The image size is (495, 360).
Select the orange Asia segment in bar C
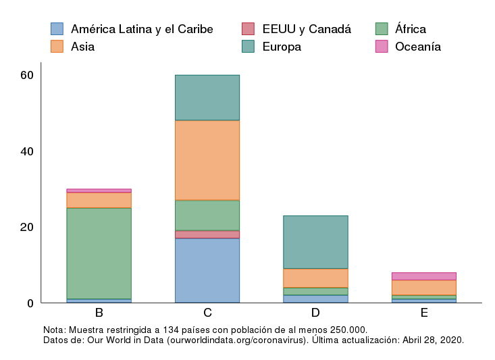(x=207, y=160)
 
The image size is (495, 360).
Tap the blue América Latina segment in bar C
(x=207, y=270)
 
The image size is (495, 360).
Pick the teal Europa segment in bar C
(x=207, y=97)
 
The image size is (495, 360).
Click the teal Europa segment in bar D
(x=315, y=242)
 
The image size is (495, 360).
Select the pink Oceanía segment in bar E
(x=423, y=276)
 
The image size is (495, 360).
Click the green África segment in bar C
(x=207, y=215)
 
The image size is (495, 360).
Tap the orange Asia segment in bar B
(x=99, y=200)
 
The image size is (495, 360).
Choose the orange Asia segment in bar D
(x=315, y=278)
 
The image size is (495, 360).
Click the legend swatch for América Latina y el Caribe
(x=57, y=29)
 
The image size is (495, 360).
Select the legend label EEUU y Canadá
(x=306, y=29)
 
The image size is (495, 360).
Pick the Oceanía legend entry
(x=417, y=47)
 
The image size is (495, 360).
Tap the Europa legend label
(x=282, y=47)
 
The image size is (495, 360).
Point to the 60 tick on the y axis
(x=27, y=75)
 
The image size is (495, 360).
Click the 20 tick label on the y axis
(x=27, y=227)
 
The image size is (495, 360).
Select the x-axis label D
(x=315, y=313)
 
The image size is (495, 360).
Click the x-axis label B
(x=99, y=313)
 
